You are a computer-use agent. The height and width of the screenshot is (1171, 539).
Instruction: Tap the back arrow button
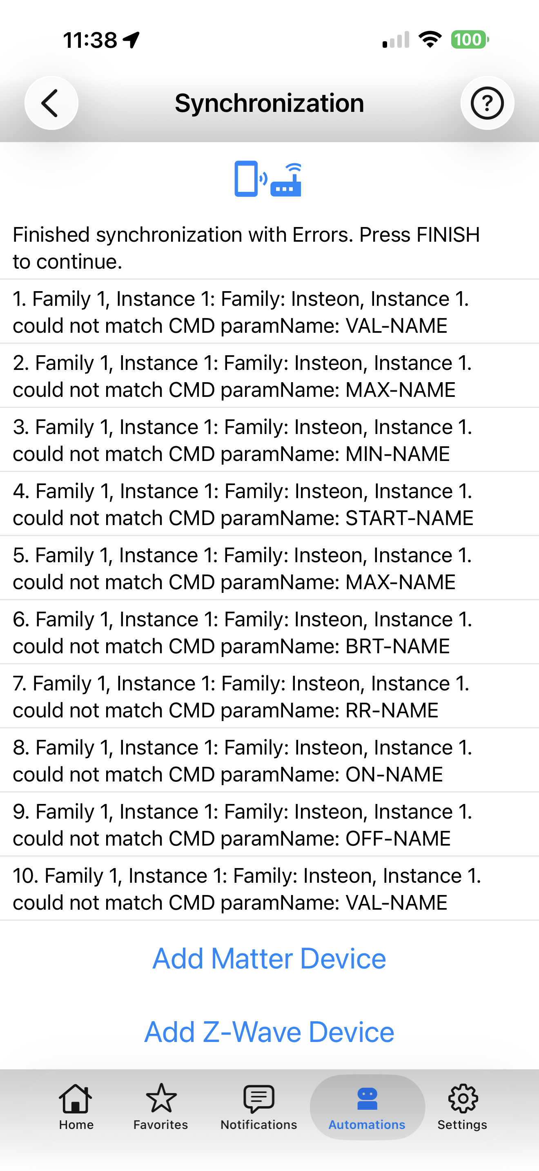click(x=51, y=103)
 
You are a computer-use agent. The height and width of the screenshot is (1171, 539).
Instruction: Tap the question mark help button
click(x=487, y=103)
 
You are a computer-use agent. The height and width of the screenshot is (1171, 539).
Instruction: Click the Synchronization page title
click(x=269, y=103)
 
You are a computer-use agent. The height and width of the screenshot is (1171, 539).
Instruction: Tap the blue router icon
click(x=286, y=180)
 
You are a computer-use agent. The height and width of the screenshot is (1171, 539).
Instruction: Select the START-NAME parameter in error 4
click(x=410, y=518)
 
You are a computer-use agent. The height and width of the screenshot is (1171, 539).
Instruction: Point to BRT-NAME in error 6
click(x=398, y=646)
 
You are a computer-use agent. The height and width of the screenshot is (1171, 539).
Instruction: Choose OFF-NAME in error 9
click(x=398, y=839)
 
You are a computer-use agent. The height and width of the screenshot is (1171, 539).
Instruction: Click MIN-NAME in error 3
click(x=398, y=454)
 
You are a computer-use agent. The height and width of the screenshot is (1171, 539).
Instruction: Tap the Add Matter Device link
click(x=269, y=959)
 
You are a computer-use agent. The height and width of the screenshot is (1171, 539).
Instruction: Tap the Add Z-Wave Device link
click(x=269, y=1032)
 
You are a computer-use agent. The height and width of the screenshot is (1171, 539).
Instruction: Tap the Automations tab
click(x=367, y=1107)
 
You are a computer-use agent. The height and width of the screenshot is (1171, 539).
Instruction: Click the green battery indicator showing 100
click(x=470, y=40)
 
